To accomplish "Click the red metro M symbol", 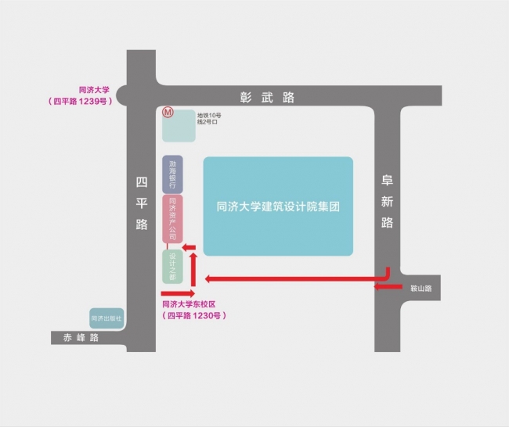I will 167,113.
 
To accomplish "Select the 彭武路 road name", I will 267,97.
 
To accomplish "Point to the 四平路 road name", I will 142,203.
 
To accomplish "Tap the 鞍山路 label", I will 421,288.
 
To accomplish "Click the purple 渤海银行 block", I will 172,174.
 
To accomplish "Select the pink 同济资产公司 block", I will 172,219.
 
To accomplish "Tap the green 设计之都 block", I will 172,267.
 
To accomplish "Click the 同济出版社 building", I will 106,318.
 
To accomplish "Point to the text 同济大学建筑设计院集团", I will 278,206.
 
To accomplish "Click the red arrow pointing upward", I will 193,266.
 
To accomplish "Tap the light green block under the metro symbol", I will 179,127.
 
